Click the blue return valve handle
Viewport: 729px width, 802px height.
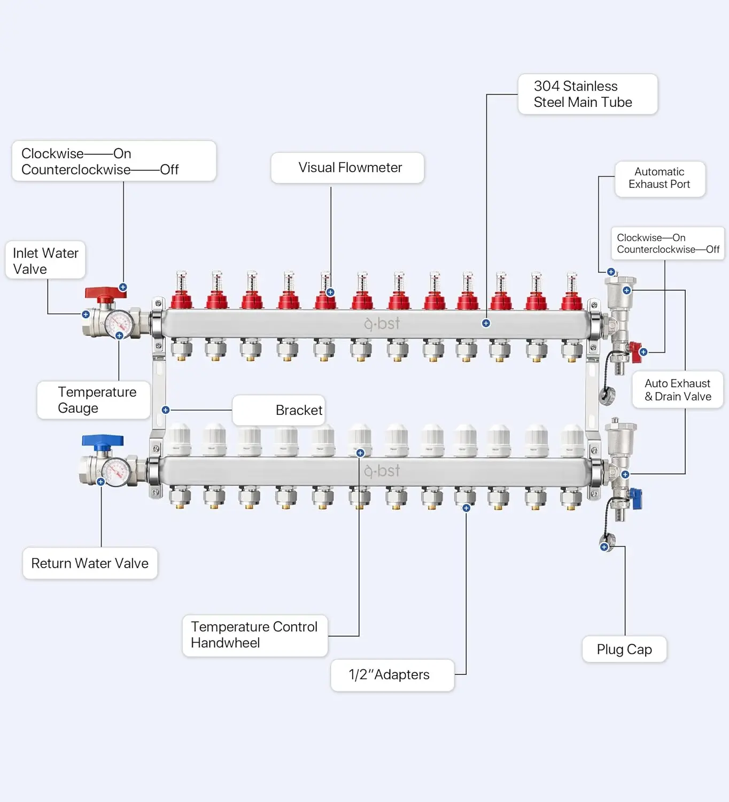103,442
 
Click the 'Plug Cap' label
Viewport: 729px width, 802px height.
624,649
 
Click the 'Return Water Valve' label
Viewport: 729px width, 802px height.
90,564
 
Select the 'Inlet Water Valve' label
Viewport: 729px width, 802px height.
45,260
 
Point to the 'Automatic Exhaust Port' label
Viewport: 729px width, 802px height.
660,179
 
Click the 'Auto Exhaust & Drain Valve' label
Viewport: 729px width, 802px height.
678,390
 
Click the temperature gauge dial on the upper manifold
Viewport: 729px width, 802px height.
119,324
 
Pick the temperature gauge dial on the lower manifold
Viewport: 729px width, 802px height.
117,472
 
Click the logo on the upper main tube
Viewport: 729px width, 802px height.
382,323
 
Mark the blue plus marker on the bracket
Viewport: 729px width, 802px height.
166,410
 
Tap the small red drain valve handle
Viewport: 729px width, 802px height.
635,352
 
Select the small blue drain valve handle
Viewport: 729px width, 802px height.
635,498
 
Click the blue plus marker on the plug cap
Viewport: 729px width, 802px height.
604,547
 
